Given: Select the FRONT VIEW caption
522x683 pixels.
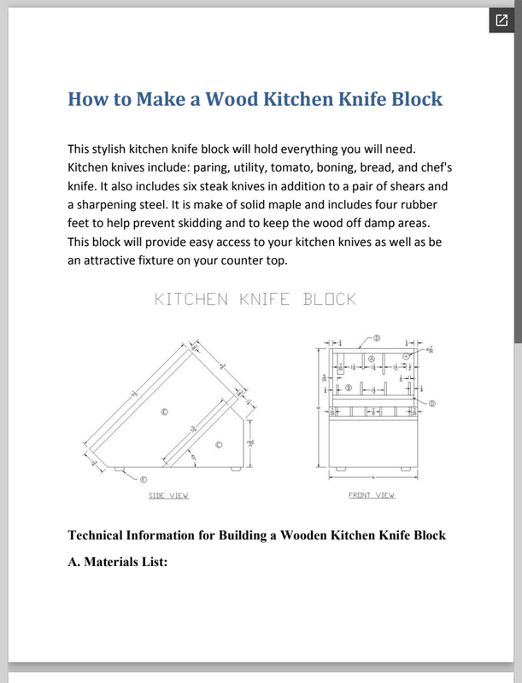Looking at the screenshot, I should click(x=372, y=495).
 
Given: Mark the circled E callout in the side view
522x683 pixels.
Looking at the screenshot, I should click(x=165, y=412).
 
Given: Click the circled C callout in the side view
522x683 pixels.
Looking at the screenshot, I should click(x=220, y=444).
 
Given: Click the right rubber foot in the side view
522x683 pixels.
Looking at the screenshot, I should click(x=233, y=469).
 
